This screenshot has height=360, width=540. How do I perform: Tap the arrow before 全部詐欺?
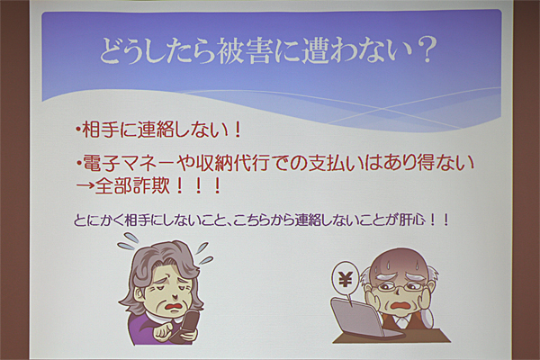85,186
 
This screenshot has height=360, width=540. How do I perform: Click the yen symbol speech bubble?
345,280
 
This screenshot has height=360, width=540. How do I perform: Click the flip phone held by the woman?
188,325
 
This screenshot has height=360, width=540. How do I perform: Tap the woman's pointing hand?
165,331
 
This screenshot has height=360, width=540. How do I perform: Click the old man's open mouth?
400,305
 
